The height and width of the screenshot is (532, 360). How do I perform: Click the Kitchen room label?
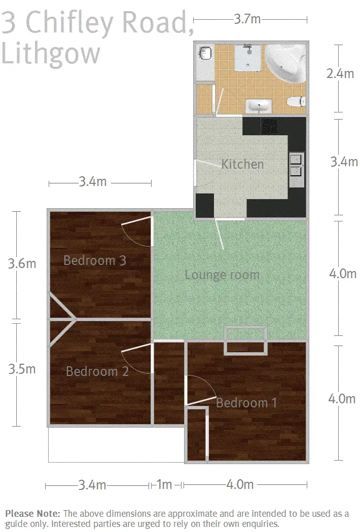pyautogui.click(x=242, y=164)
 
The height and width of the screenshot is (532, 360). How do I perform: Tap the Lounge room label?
pyautogui.click(x=222, y=275)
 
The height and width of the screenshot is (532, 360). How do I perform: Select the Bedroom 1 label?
pyautogui.click(x=246, y=403)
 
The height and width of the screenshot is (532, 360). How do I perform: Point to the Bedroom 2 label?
pyautogui.click(x=97, y=371)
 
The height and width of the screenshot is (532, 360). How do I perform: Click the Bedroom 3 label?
pyautogui.click(x=94, y=260)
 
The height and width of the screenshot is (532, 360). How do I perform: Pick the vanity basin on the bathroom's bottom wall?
pyautogui.click(x=259, y=106)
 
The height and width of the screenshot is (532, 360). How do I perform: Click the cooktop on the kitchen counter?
pyautogui.click(x=269, y=126)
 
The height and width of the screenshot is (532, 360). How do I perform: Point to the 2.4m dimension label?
pyautogui.click(x=340, y=74)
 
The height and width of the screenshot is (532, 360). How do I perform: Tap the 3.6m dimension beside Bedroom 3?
pyautogui.click(x=21, y=264)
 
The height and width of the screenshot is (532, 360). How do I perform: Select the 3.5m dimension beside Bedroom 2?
pyautogui.click(x=22, y=369)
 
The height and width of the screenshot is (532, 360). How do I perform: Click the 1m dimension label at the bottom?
pyautogui.click(x=164, y=485)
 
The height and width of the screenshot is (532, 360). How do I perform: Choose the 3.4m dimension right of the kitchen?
pyautogui.click(x=344, y=162)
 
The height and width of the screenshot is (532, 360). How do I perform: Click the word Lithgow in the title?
pyautogui.click(x=51, y=53)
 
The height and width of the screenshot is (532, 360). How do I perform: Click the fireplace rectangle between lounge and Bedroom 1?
pyautogui.click(x=246, y=340)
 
